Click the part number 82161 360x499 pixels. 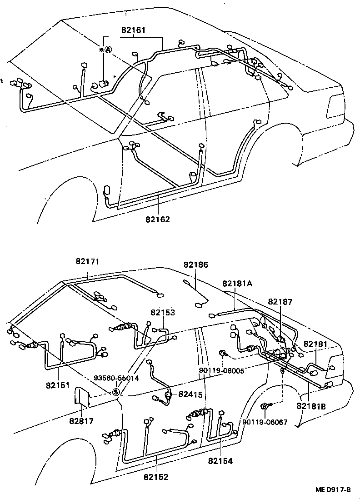pyautogui.click(x=133, y=30)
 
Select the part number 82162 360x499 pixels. pyautogui.click(x=157, y=220)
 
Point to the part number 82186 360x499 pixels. pyautogui.click(x=195, y=264)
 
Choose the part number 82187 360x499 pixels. pyautogui.click(x=280, y=301)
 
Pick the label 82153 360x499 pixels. pyautogui.click(x=163, y=313)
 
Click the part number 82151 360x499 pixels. pyautogui.click(x=57, y=385)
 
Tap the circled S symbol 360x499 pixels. pyautogui.click(x=115, y=392)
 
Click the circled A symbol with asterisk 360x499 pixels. pyautogui.click(x=105, y=50)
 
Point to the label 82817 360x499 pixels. pyautogui.click(x=81, y=421)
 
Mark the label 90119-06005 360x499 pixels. pyautogui.click(x=221, y=370)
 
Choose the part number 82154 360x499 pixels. pyautogui.click(x=220, y=461)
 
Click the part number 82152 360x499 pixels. pyautogui.click(x=156, y=477)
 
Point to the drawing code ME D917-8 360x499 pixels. pyautogui.click(x=333, y=490)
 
